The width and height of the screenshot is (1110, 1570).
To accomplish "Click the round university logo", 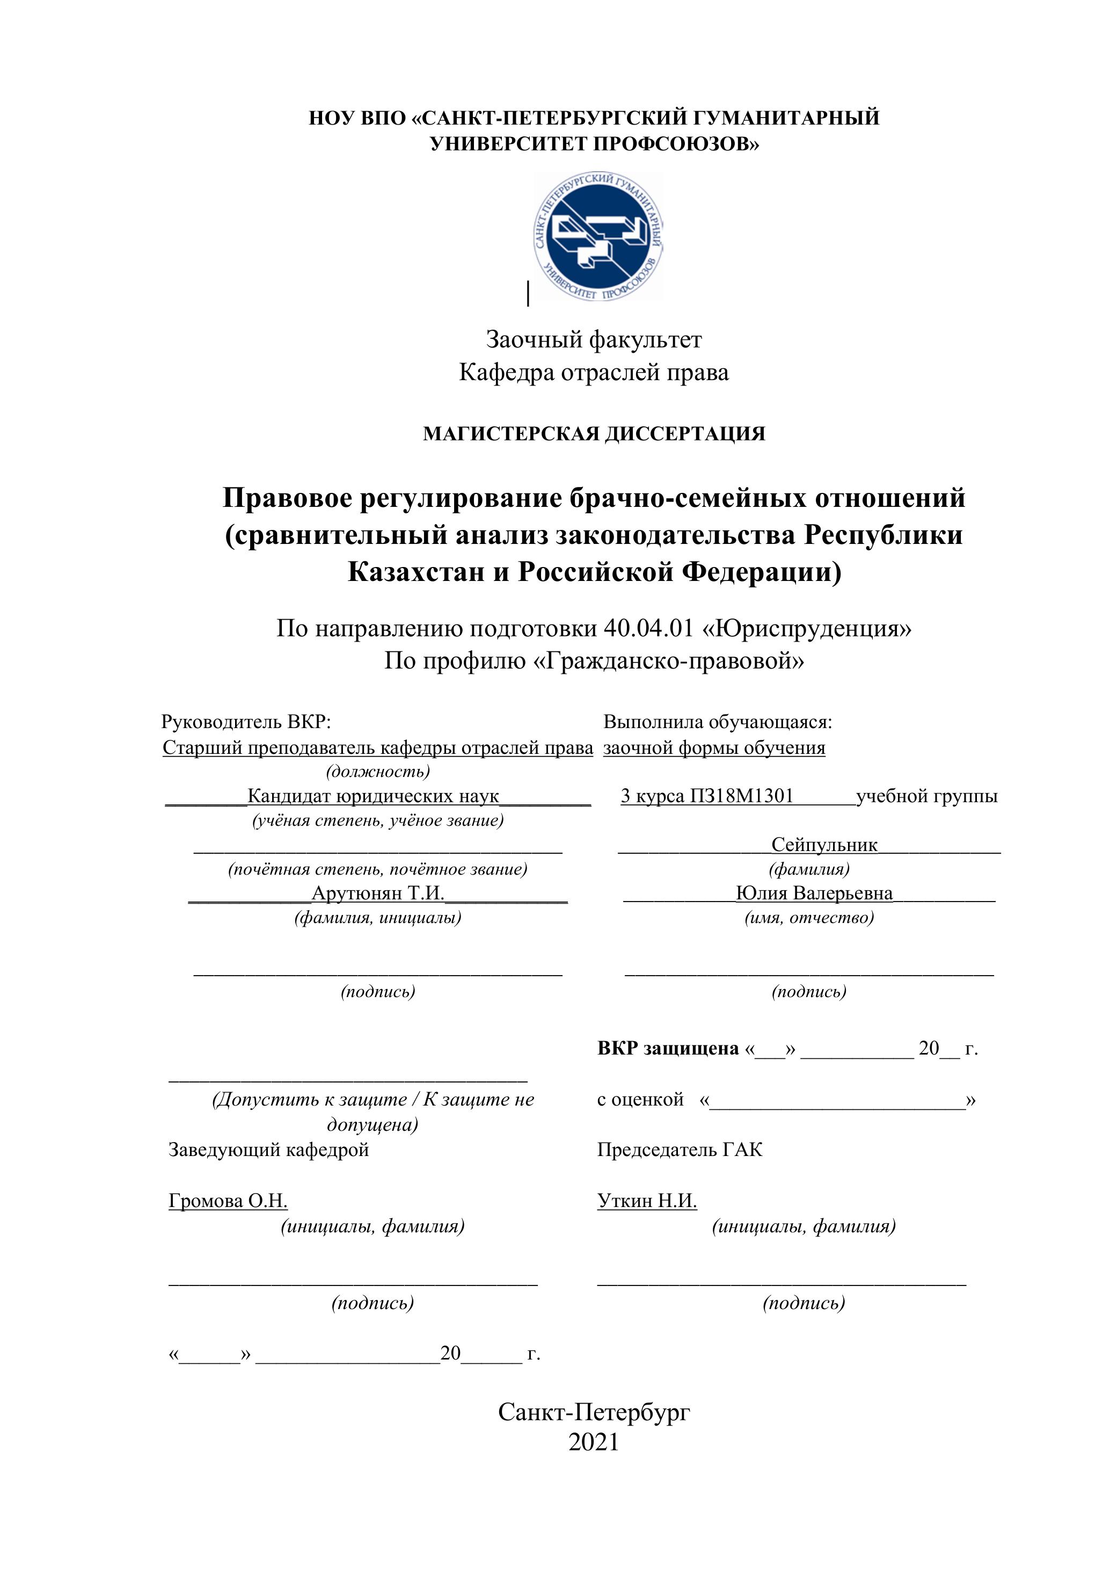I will (x=598, y=236).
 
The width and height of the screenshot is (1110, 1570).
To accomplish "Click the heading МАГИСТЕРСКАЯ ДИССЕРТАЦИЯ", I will (x=594, y=433).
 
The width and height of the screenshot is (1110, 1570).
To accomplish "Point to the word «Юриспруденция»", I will (x=807, y=628).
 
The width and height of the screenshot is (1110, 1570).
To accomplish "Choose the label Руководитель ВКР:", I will (x=246, y=722).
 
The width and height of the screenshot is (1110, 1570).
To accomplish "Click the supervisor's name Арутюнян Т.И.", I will (x=378, y=893).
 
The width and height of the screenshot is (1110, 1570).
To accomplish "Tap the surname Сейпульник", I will (x=824, y=845).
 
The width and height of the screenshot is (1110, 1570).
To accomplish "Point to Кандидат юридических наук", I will (x=373, y=796).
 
